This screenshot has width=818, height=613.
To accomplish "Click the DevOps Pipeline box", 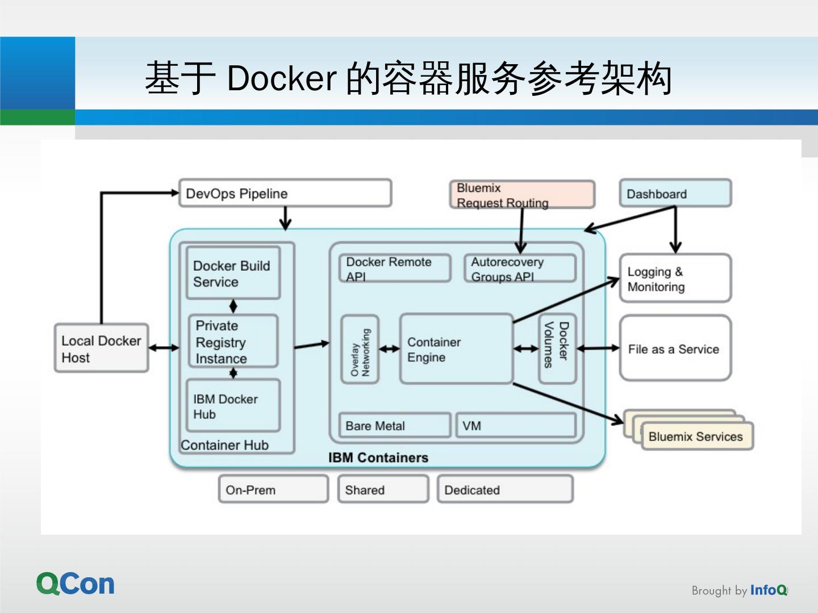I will (285, 194).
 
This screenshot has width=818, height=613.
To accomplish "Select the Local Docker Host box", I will (102, 349).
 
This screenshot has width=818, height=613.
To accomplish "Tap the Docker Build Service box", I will (233, 273).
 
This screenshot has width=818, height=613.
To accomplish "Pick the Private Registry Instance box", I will (233, 342).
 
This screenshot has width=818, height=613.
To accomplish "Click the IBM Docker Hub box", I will (233, 406).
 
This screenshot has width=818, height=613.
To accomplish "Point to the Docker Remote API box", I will (395, 268).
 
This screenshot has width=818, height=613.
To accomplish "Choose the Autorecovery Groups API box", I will (520, 268).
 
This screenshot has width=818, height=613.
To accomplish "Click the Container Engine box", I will (456, 349).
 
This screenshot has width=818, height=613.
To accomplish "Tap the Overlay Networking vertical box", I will (360, 350).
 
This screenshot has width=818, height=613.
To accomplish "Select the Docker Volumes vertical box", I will (557, 349).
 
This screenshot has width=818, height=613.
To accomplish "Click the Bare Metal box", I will (395, 425).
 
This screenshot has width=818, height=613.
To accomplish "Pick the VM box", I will (516, 425).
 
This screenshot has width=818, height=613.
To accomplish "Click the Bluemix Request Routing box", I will (522, 195).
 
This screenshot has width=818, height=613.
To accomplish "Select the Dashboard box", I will (675, 194).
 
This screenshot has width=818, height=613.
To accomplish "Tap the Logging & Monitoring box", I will (675, 278).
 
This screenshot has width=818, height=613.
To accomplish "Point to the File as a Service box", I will (675, 349).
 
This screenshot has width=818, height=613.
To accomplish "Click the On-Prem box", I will (273, 489).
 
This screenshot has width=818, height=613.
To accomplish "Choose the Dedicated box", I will (505, 489).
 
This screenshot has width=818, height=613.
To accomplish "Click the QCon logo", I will (76, 584).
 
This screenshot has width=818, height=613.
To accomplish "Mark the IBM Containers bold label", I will (378, 457).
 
